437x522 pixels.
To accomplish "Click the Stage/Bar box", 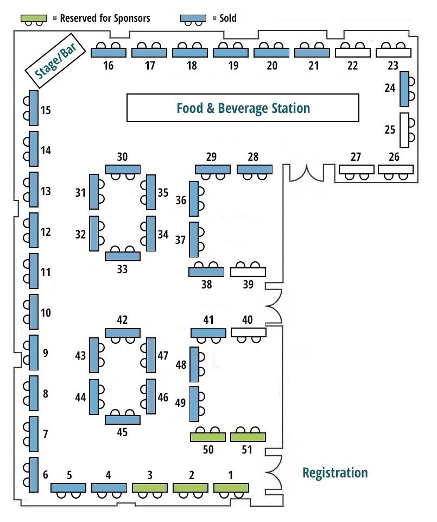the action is pos(55,61).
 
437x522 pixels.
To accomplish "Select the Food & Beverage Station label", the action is pos(243,109).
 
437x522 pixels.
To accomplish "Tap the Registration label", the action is pos(335,473).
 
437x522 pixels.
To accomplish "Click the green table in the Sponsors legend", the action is pos(34,18).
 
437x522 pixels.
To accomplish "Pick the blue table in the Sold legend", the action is pos(193,18).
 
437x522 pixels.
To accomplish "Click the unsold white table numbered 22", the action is pos(352,53).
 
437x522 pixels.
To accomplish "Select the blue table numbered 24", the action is pos(404,89).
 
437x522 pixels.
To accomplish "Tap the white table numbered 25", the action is pos(404,130).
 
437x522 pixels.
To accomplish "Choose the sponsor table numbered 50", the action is pos(208,437).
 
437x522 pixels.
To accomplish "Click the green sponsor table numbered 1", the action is pos(231,488).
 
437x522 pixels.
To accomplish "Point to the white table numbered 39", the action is pos(248,272).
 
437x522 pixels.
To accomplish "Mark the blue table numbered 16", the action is pos(109,53).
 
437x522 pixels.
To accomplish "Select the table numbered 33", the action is pos(123,256).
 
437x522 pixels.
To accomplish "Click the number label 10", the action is pos(46,312).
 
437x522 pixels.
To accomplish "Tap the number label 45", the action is pos(122,432).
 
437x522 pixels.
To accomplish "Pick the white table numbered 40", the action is pos(249,332).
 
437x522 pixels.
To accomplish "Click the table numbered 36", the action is pos(194,199).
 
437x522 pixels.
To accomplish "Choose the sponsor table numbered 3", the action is pos(150,488).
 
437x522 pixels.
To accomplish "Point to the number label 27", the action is pos(356,156).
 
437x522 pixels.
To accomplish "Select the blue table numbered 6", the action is pos(34,475).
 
